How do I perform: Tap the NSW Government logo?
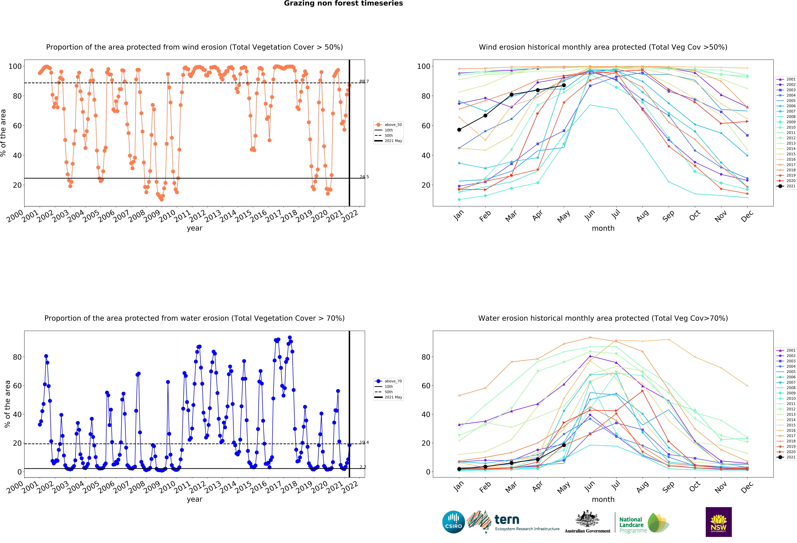point(718,522)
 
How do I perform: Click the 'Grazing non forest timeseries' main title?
point(343,3)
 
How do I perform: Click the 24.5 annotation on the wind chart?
point(364,177)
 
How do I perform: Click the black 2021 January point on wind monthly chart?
point(459,130)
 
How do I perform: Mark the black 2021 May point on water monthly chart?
point(564,445)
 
